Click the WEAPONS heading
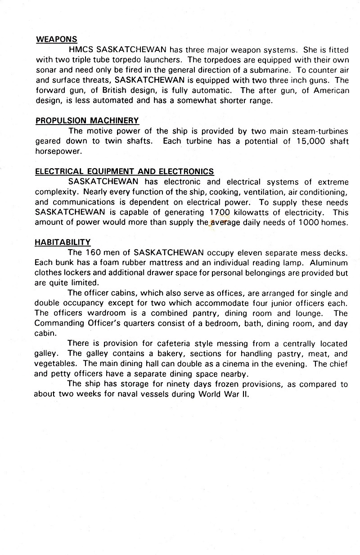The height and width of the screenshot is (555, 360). tap(56, 39)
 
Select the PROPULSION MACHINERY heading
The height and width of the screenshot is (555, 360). tap(87, 121)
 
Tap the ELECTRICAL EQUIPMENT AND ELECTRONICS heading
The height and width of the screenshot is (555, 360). tap(124, 171)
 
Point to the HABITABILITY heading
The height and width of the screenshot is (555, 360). tap(63, 242)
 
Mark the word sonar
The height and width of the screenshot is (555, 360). tap(47, 70)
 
